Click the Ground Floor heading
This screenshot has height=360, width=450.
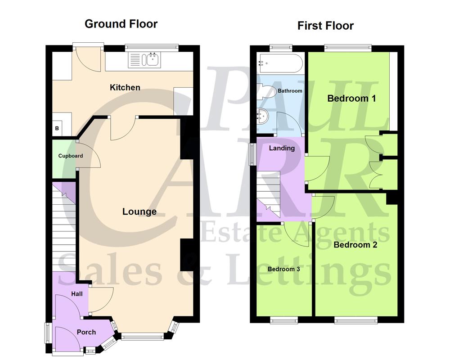point(121,24)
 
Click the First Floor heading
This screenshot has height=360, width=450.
point(325,26)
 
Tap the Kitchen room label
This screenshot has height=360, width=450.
point(125,87)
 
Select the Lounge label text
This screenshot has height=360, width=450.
point(139,211)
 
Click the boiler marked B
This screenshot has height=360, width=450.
point(57,129)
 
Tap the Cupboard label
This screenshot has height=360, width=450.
point(71,156)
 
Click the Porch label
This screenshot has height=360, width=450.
point(86,332)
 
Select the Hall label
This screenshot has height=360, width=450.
point(77,294)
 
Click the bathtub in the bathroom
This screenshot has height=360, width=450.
point(279,63)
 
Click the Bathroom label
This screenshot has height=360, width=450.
point(290,91)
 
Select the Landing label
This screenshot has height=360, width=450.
point(282,148)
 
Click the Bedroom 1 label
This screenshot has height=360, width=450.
point(351,98)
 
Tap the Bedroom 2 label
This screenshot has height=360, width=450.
point(355,245)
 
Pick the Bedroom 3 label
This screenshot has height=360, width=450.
point(283,269)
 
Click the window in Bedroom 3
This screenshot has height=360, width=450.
point(284,320)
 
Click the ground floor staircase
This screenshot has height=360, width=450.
point(63,229)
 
